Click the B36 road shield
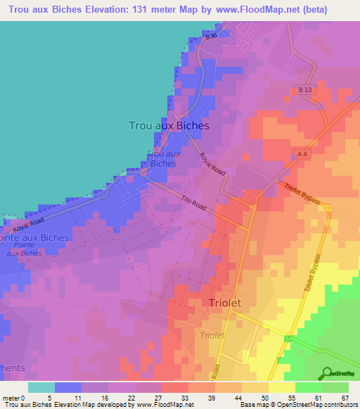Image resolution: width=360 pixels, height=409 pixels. pos(210,34)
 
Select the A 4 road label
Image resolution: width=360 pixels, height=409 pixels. pos(302,153)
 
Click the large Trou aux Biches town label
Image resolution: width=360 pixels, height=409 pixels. pos(169,125)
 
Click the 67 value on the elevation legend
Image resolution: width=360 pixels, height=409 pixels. pos(345,397)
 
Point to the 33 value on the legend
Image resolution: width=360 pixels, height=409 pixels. pos(166,397)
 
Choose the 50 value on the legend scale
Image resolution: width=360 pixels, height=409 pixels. pos(245,397)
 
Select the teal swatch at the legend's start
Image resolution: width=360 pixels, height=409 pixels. pos(41,387)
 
